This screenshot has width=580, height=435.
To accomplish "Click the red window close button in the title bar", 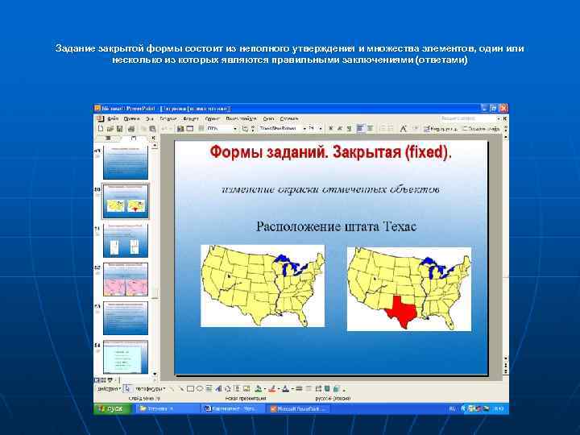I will tap(505, 108).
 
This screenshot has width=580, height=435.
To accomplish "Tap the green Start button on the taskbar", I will tap(110, 408).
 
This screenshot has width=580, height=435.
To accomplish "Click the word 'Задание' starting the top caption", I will tap(75, 49).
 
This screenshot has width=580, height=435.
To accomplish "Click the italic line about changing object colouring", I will tap(331, 190).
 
